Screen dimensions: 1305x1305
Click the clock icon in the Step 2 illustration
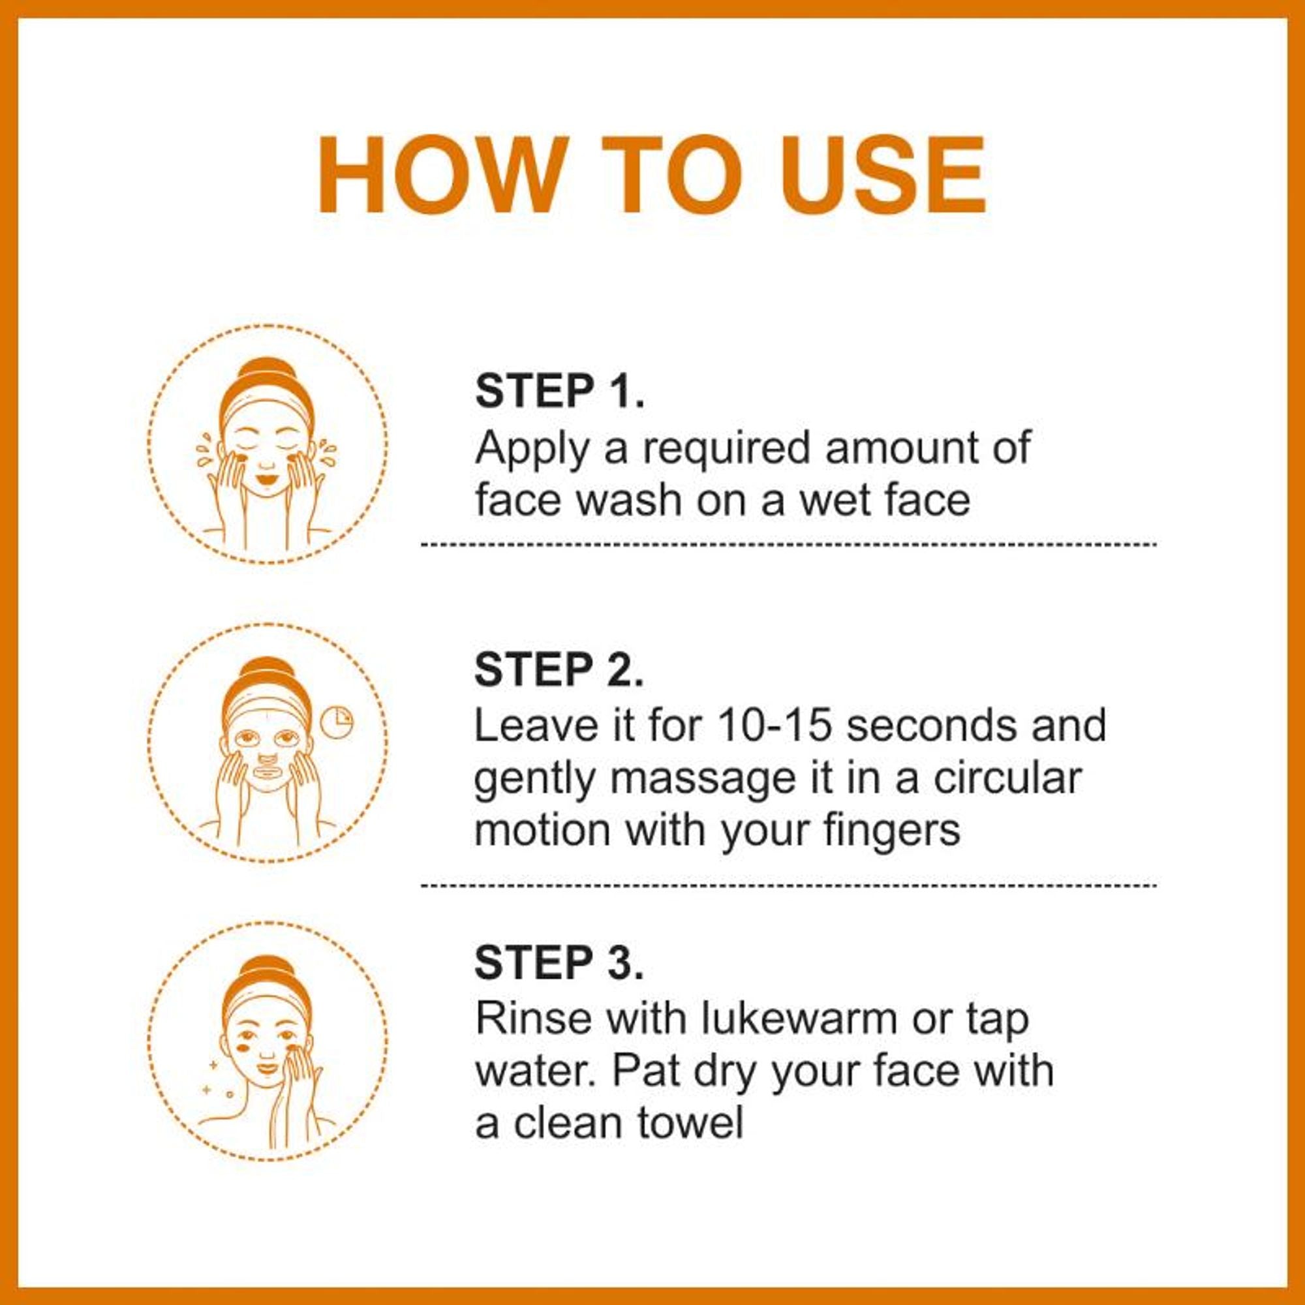pyautogui.click(x=337, y=722)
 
